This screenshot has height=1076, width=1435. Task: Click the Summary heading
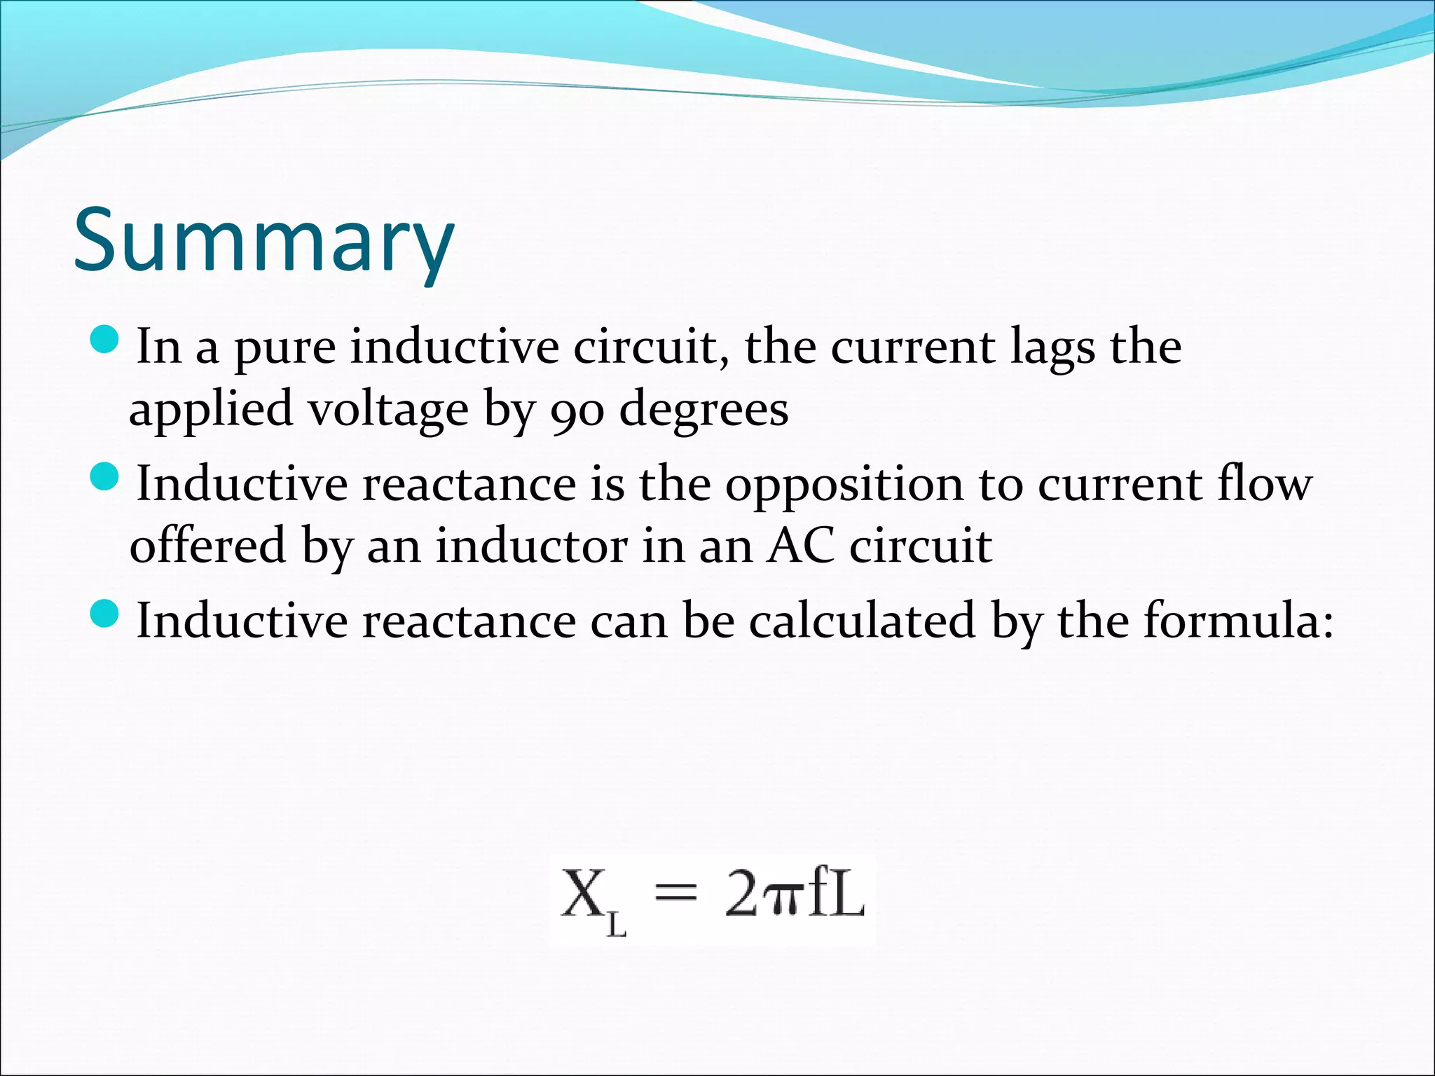[264, 240]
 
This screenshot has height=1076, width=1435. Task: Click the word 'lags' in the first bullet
[1052, 348]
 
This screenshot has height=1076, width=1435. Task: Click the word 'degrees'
[704, 411]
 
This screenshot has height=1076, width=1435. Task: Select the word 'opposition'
[844, 485]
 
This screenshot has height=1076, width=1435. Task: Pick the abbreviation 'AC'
[801, 546]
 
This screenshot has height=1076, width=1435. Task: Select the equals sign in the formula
[676, 895]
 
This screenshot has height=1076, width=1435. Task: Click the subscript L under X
[616, 926]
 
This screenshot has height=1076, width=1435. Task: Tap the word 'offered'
[208, 546]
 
